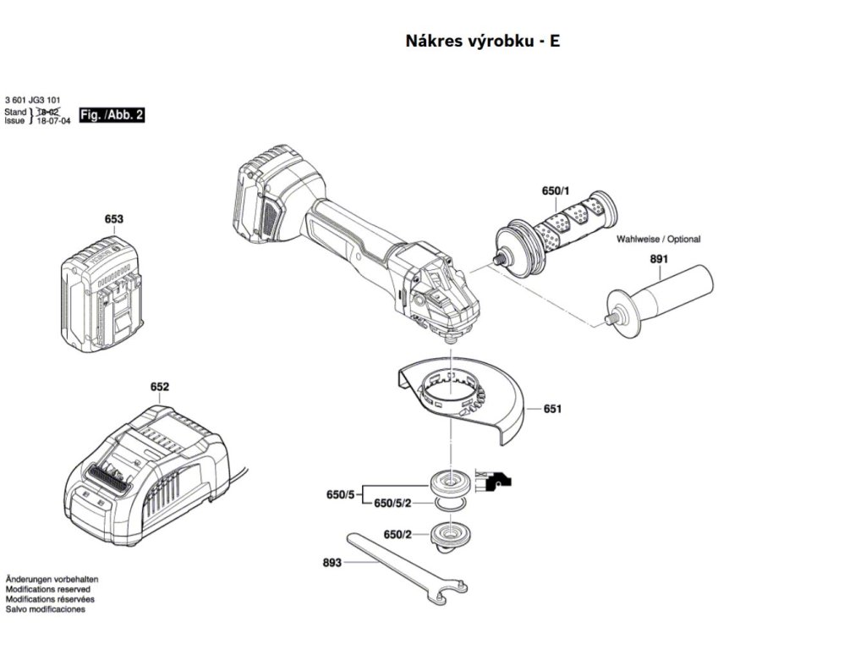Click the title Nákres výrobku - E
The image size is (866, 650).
click(x=483, y=41)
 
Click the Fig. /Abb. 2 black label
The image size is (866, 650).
click(x=112, y=114)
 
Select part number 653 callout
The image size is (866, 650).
click(x=114, y=219)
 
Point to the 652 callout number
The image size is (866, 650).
click(x=160, y=388)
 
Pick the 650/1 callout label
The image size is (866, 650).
click(x=556, y=192)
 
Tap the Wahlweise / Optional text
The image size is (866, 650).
click(x=659, y=240)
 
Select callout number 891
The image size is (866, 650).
click(x=660, y=260)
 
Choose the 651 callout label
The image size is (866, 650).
click(x=552, y=409)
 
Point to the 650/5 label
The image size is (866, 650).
click(x=340, y=494)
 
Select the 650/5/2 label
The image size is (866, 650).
click(x=392, y=504)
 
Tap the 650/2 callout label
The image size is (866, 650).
click(x=397, y=535)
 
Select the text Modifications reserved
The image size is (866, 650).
click(x=48, y=589)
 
